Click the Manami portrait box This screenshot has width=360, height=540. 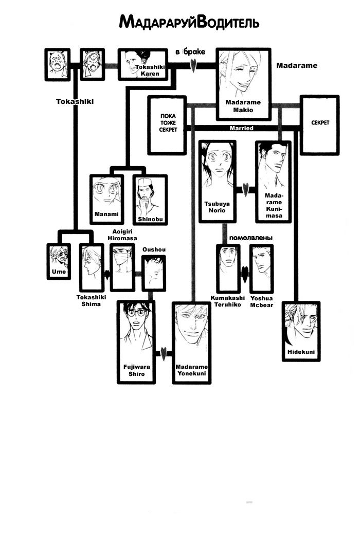tap(106, 198)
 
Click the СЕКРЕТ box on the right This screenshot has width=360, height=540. tap(319, 124)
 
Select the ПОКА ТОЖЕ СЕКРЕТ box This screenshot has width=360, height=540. tap(168, 124)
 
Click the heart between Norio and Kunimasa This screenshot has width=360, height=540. tap(246, 190)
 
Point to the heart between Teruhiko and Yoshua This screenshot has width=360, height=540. tap(245, 273)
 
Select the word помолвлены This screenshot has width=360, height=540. tap(250, 238)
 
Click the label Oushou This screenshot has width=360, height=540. tap(152, 249)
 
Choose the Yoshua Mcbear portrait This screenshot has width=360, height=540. tap(261, 268)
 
